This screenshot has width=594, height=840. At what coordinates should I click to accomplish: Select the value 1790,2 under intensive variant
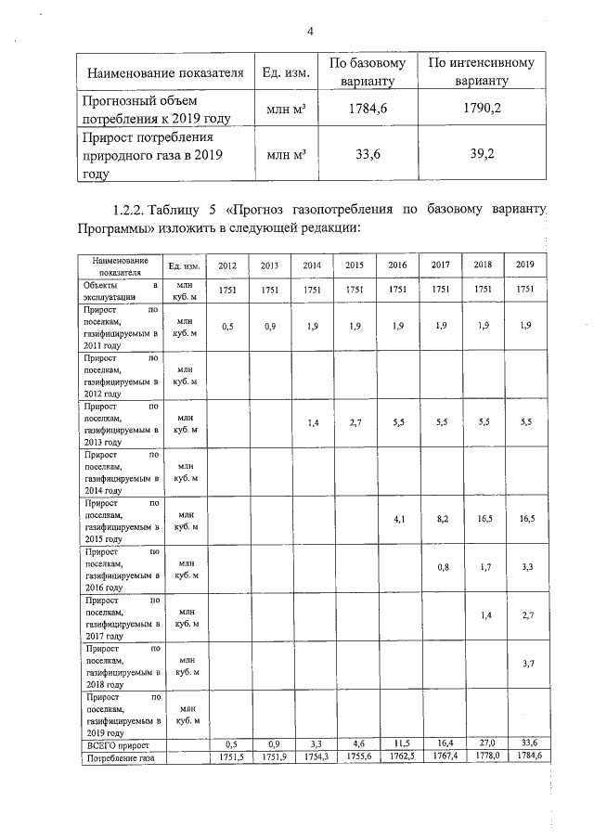coord(482,109)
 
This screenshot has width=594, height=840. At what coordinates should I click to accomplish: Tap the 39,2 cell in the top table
coord(482,155)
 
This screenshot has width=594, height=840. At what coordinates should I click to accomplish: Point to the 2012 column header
coord(227,266)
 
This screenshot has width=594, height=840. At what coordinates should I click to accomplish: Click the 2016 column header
coord(398,266)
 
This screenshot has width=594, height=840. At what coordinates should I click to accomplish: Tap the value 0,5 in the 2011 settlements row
coord(227,326)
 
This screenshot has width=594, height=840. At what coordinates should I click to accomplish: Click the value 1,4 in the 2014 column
coord(313,422)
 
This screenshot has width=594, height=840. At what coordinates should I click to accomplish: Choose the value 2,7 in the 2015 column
coord(355,422)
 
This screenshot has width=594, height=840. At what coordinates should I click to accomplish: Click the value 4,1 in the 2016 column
coord(398,520)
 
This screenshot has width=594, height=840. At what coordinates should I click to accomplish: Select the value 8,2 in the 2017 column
coord(441,520)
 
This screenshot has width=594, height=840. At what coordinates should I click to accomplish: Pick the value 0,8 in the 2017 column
coord(441,567)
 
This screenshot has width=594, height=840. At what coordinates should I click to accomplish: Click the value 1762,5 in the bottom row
coord(398,757)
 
